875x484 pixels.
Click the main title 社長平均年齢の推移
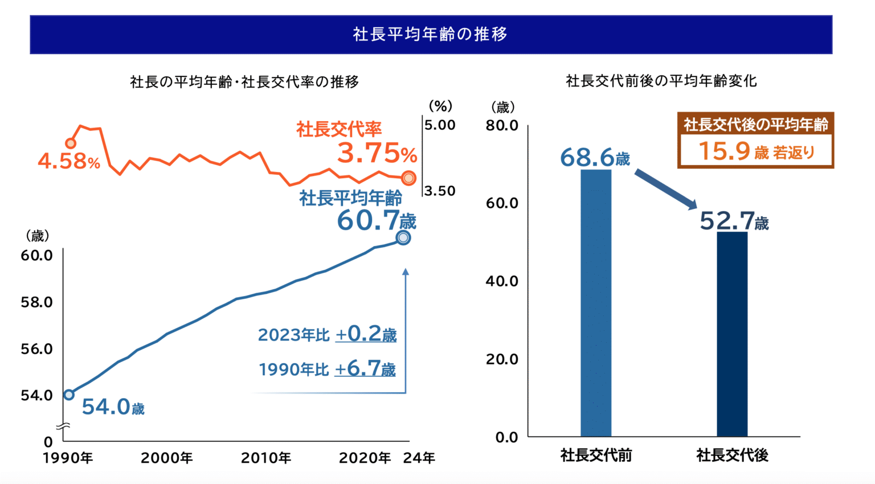[430, 34]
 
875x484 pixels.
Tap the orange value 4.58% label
[68, 161]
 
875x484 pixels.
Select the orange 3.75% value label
[377, 153]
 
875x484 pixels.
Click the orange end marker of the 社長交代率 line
[408, 178]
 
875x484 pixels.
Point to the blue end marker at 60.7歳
[403, 237]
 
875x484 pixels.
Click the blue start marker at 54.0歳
[69, 395]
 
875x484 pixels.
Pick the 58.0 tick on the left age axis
[36, 302]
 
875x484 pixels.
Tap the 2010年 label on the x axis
[266, 458]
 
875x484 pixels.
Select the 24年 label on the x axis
[419, 458]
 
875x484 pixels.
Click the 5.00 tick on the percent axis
[440, 125]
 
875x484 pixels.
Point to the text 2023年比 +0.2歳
[327, 334]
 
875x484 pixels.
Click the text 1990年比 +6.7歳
[327, 370]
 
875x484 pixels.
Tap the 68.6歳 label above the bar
[595, 158]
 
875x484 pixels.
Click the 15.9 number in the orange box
[723, 151]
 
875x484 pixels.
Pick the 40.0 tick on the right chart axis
[502, 281]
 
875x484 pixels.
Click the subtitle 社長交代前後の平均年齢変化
[661, 81]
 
